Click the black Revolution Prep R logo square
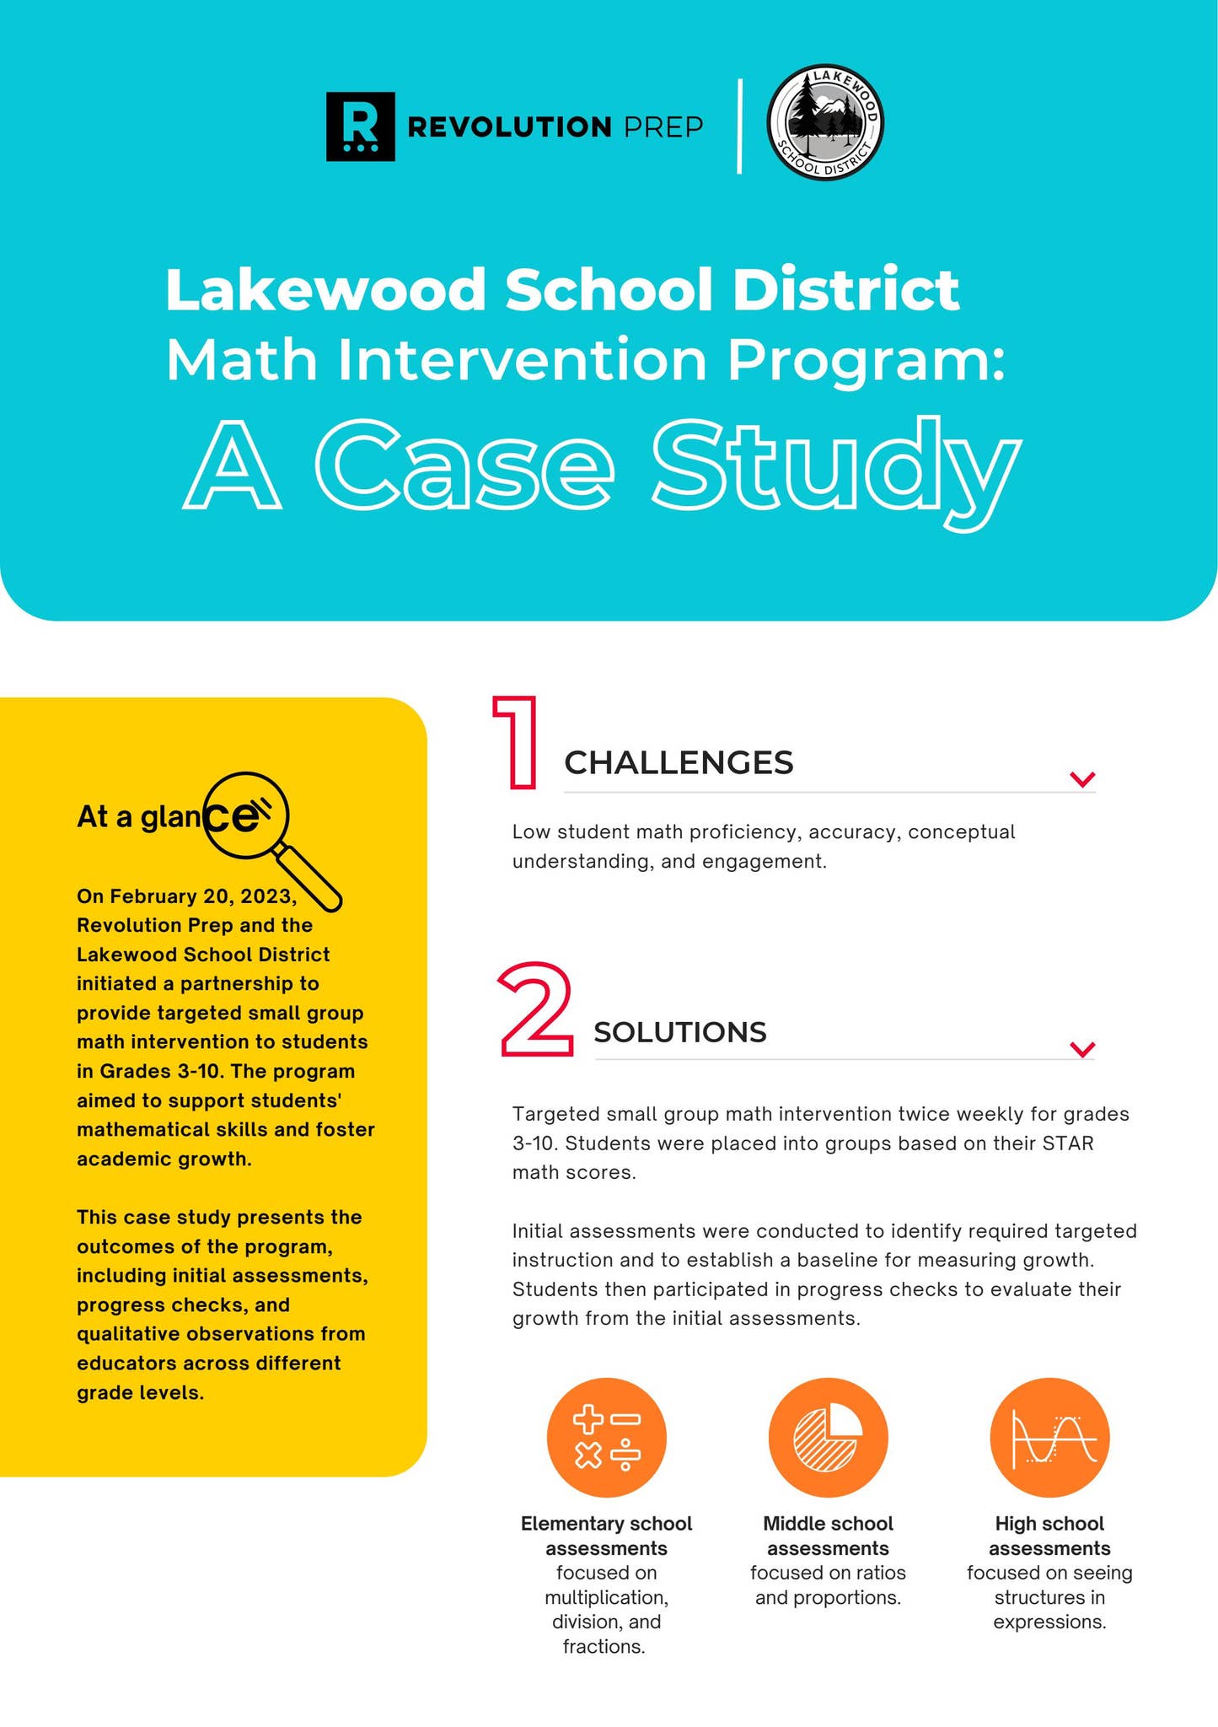click(360, 126)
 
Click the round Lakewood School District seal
click(825, 123)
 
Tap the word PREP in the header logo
click(663, 127)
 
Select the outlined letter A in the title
click(232, 468)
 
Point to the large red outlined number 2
click(535, 1010)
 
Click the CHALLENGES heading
click(679, 762)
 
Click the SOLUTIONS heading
click(680, 1032)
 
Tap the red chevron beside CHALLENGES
click(1081, 779)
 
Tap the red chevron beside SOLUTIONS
click(1081, 1049)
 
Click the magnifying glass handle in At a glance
click(309, 879)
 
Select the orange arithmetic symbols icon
click(607, 1438)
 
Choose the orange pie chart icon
click(828, 1438)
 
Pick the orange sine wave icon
click(1049, 1438)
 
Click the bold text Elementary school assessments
click(606, 1536)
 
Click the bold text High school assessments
click(1049, 1536)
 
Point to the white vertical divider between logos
click(739, 126)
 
